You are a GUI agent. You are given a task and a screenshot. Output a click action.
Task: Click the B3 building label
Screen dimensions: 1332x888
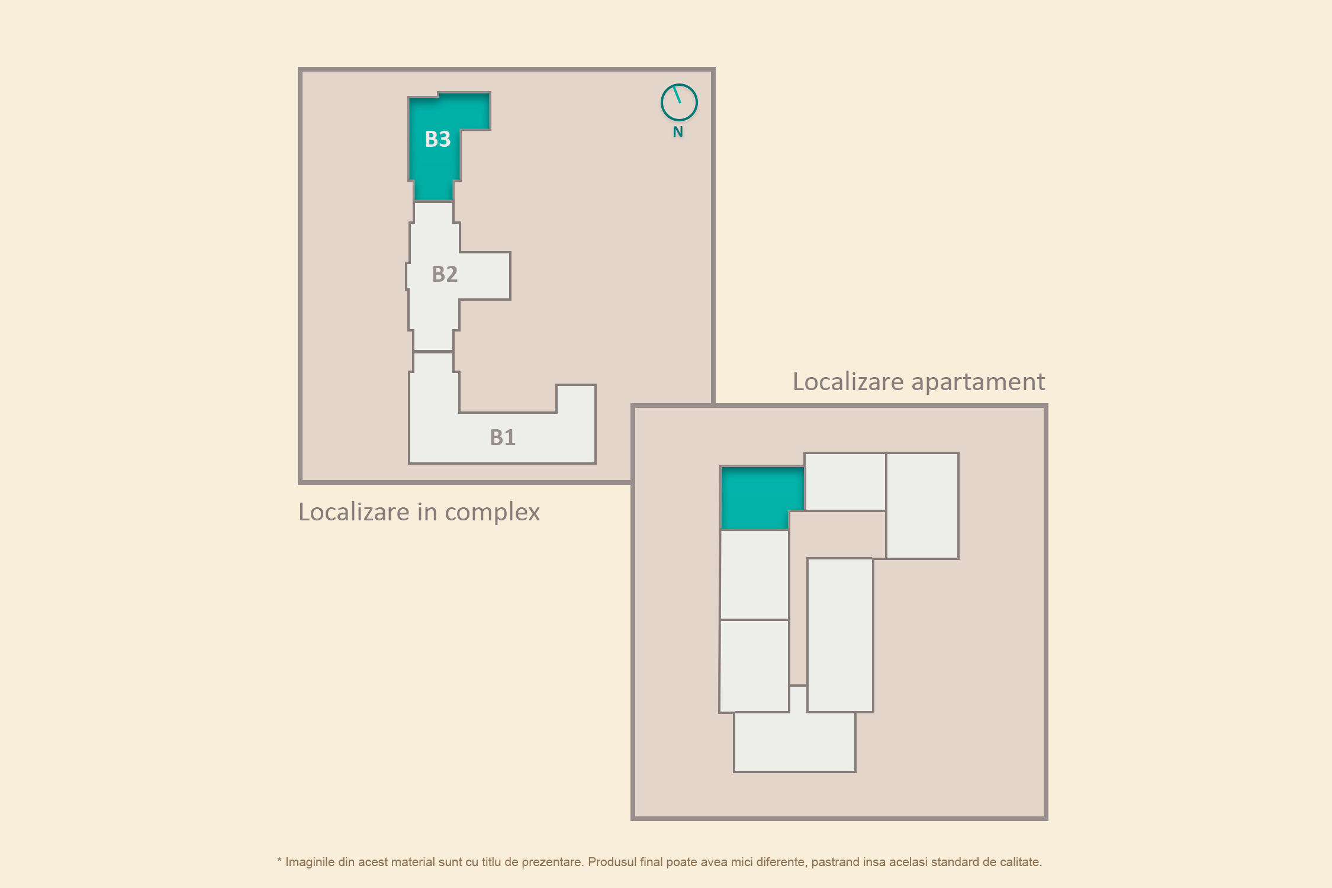tap(437, 139)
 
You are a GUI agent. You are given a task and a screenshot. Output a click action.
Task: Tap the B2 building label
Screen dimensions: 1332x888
tap(445, 274)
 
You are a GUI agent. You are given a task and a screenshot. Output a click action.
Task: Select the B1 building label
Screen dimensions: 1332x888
tap(503, 437)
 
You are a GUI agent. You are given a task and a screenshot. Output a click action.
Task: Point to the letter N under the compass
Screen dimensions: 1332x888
tap(678, 132)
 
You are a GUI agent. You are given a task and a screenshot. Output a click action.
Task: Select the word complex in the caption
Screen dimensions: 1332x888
tap(492, 513)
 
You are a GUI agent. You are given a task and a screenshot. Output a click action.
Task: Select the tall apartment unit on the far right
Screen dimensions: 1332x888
tap(922, 506)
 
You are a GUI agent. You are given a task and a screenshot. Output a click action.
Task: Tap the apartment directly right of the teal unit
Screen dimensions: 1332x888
tap(845, 481)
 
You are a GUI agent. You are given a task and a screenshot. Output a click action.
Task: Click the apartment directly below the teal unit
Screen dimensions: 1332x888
tap(754, 575)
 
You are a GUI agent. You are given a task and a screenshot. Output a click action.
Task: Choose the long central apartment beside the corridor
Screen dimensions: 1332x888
tap(840, 635)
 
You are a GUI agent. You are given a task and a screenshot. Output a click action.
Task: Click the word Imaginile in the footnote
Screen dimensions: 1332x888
tap(310, 863)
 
